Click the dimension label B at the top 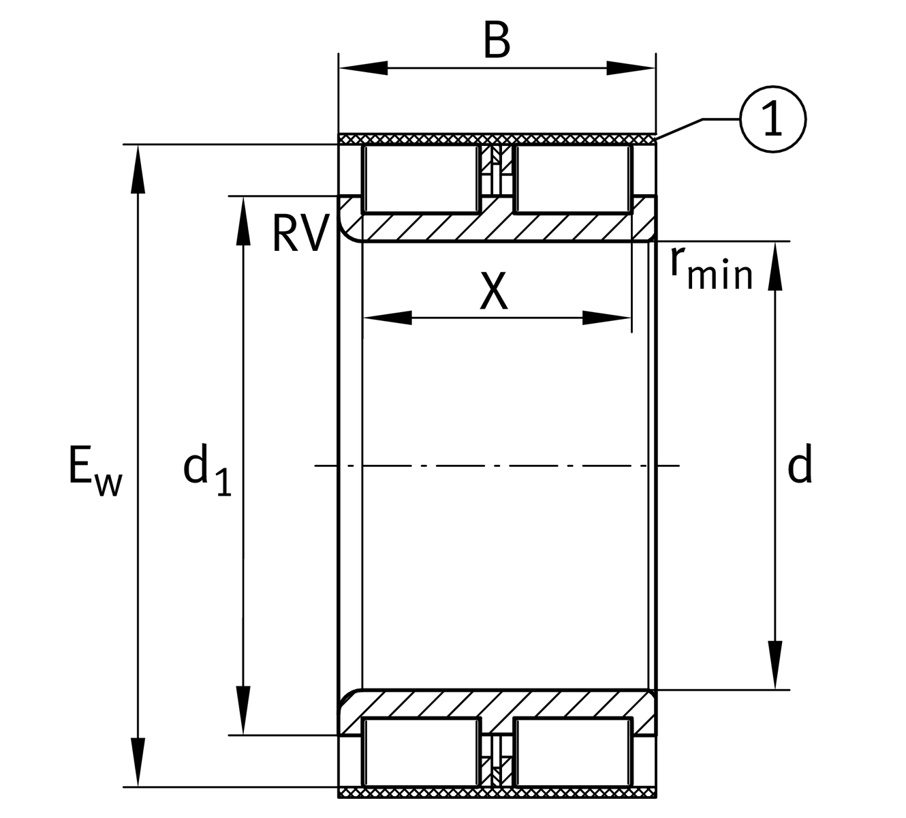pos(497,40)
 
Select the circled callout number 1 pos(772,119)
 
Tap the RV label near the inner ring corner pos(298,233)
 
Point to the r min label pos(710,267)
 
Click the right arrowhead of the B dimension pos(631,68)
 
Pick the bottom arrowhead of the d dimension pos(775,665)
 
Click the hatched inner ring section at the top pos(497,228)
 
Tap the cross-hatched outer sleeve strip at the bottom pos(497,793)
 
